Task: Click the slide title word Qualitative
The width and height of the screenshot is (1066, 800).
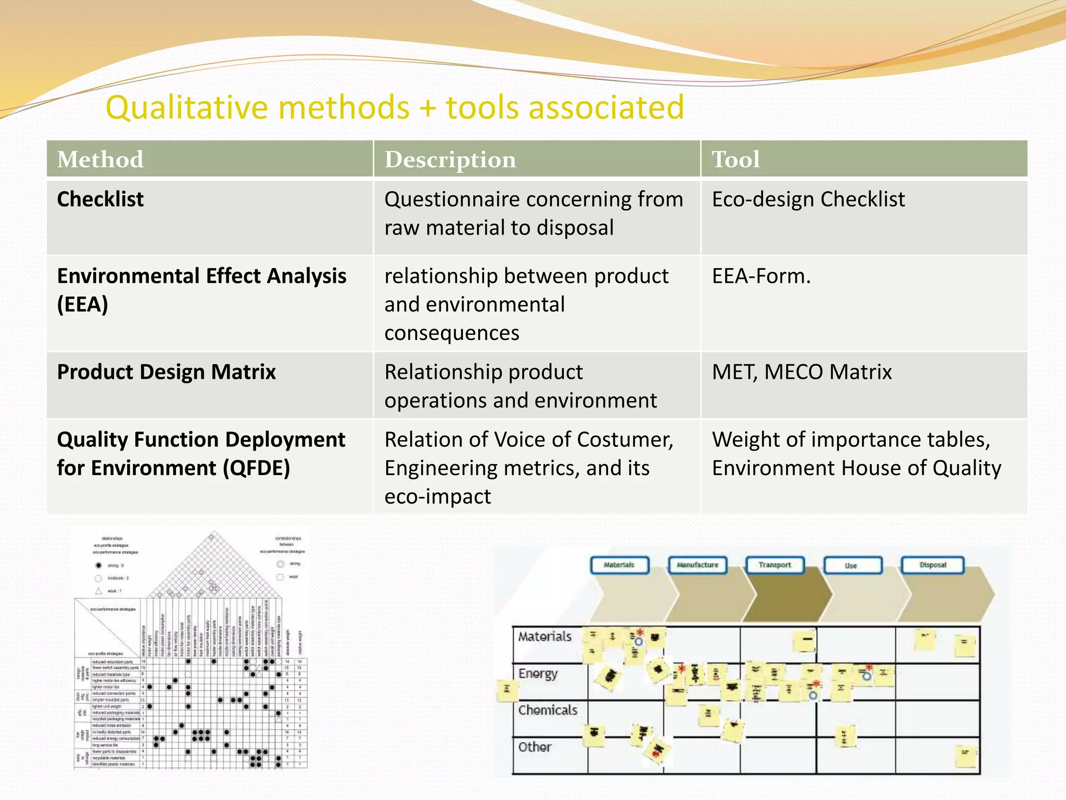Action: (187, 108)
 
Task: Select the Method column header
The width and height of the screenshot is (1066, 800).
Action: (100, 159)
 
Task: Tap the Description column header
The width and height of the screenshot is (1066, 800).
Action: (450, 159)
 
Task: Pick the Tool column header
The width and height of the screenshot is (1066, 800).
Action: (735, 159)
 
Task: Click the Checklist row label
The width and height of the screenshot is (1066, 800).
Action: (100, 199)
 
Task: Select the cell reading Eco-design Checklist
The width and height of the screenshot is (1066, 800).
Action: (808, 199)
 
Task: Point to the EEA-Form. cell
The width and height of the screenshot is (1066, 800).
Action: (761, 276)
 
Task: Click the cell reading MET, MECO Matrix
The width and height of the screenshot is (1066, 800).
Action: (802, 372)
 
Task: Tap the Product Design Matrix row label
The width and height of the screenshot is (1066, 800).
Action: (166, 372)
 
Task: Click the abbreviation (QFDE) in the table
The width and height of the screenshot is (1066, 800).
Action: (256, 468)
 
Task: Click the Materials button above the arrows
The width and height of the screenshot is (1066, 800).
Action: (619, 565)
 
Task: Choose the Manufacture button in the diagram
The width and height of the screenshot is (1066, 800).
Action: (697, 565)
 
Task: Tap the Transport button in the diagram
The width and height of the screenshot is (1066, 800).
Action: (774, 565)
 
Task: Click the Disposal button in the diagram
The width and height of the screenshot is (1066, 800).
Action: (932, 565)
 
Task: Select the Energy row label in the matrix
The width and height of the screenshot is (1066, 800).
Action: (538, 673)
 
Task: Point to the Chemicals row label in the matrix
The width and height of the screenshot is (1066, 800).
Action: (548, 710)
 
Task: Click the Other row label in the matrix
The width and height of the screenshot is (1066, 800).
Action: (535, 747)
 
